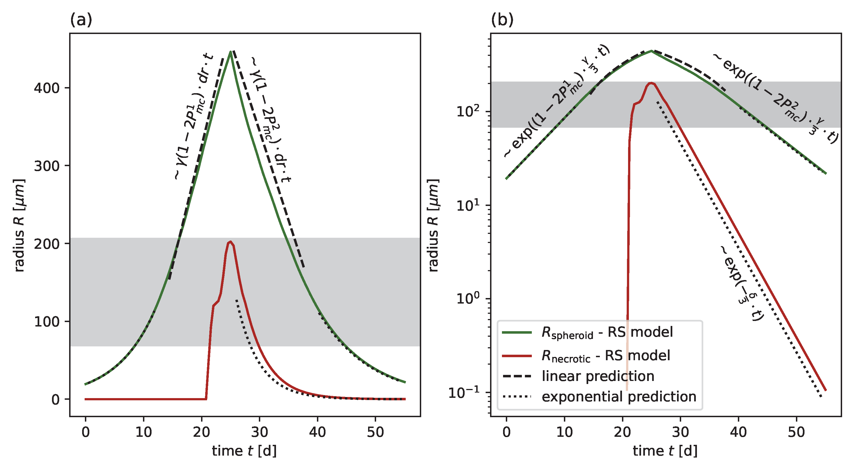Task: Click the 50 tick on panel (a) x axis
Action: coord(375,432)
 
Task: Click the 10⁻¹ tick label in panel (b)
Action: coord(464,392)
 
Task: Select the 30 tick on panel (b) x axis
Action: coord(680,432)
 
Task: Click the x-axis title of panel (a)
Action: coord(244,451)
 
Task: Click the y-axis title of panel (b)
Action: coord(433,225)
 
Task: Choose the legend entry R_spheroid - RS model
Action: coord(607,332)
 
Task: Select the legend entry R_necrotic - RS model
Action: coord(605,356)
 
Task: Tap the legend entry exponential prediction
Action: coord(619,396)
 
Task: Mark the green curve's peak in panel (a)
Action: coord(230,51)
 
